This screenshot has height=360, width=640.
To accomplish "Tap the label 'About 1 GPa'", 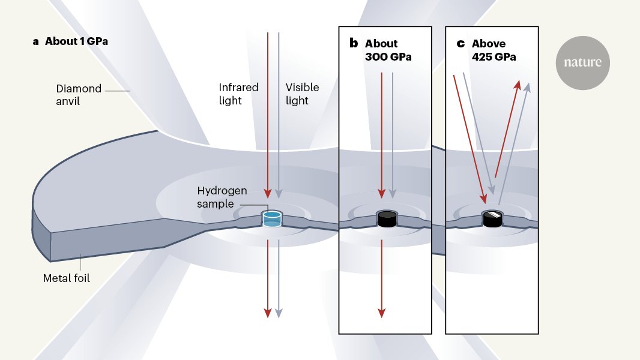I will point(76,41).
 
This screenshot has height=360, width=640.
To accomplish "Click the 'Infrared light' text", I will point(238,94).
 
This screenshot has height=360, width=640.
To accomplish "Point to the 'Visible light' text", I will point(302,94).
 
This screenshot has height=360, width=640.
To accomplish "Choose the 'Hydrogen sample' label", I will point(222,197).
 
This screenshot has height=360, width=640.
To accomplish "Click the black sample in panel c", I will point(493,218).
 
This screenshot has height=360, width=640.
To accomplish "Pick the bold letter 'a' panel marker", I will point(36,41).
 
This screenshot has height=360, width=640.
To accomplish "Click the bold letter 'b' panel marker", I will point(354,43).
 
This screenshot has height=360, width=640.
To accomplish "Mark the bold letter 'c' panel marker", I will point(460,43).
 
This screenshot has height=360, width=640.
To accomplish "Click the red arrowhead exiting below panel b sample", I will point(381,312).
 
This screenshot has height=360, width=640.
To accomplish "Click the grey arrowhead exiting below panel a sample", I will point(279,312).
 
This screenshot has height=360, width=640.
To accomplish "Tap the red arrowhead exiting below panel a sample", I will point(268,312).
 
